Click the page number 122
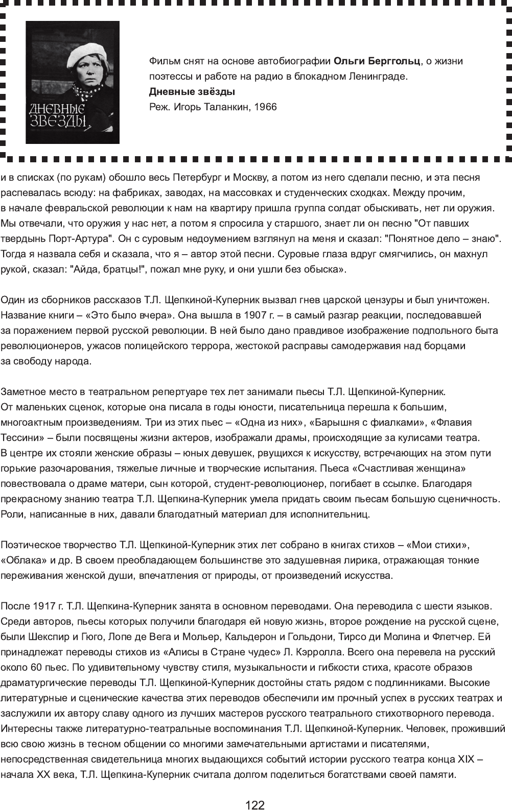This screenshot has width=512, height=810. click(255, 805)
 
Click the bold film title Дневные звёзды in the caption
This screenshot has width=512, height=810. click(192, 92)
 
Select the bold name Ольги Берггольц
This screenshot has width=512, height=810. click(377, 61)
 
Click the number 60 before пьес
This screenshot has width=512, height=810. click(34, 668)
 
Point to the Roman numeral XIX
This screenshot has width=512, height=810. click(466, 759)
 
